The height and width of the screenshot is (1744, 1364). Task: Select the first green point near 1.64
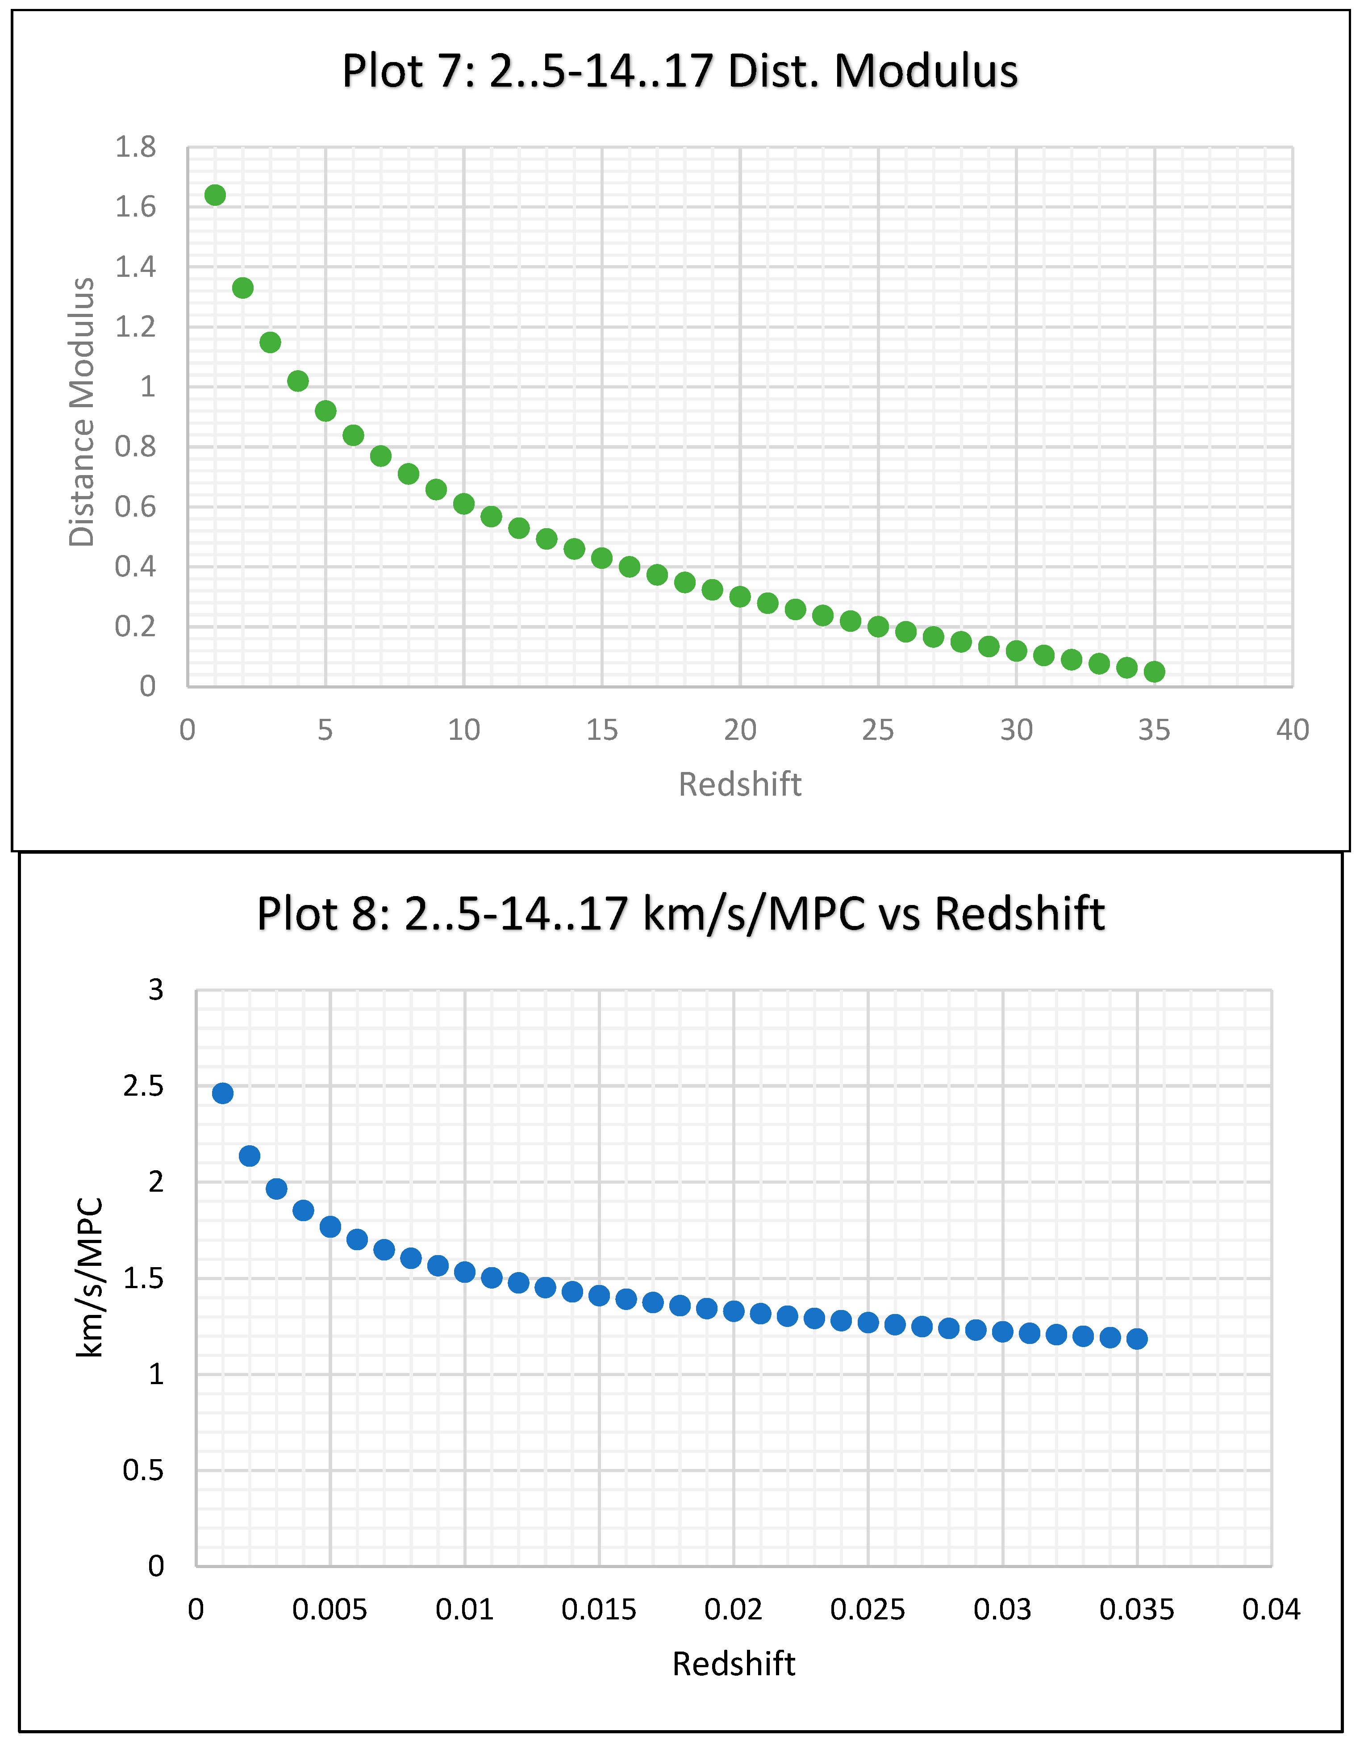coord(215,195)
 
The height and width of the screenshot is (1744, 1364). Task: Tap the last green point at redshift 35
coord(1154,672)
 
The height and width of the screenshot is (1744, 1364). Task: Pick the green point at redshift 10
coord(464,504)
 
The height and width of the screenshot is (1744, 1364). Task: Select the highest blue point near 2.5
coord(223,1093)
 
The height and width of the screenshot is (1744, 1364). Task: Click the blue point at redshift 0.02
coord(734,1311)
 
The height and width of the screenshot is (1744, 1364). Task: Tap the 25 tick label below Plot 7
coord(878,730)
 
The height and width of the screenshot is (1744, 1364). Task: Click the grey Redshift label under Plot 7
coord(739,784)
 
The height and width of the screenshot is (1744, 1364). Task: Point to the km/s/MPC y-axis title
coord(89,1278)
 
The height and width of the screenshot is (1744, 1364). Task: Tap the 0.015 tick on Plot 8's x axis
coord(599,1610)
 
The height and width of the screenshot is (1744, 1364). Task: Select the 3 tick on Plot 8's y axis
coord(156,990)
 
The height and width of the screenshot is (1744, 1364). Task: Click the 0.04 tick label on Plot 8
coord(1271,1610)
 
